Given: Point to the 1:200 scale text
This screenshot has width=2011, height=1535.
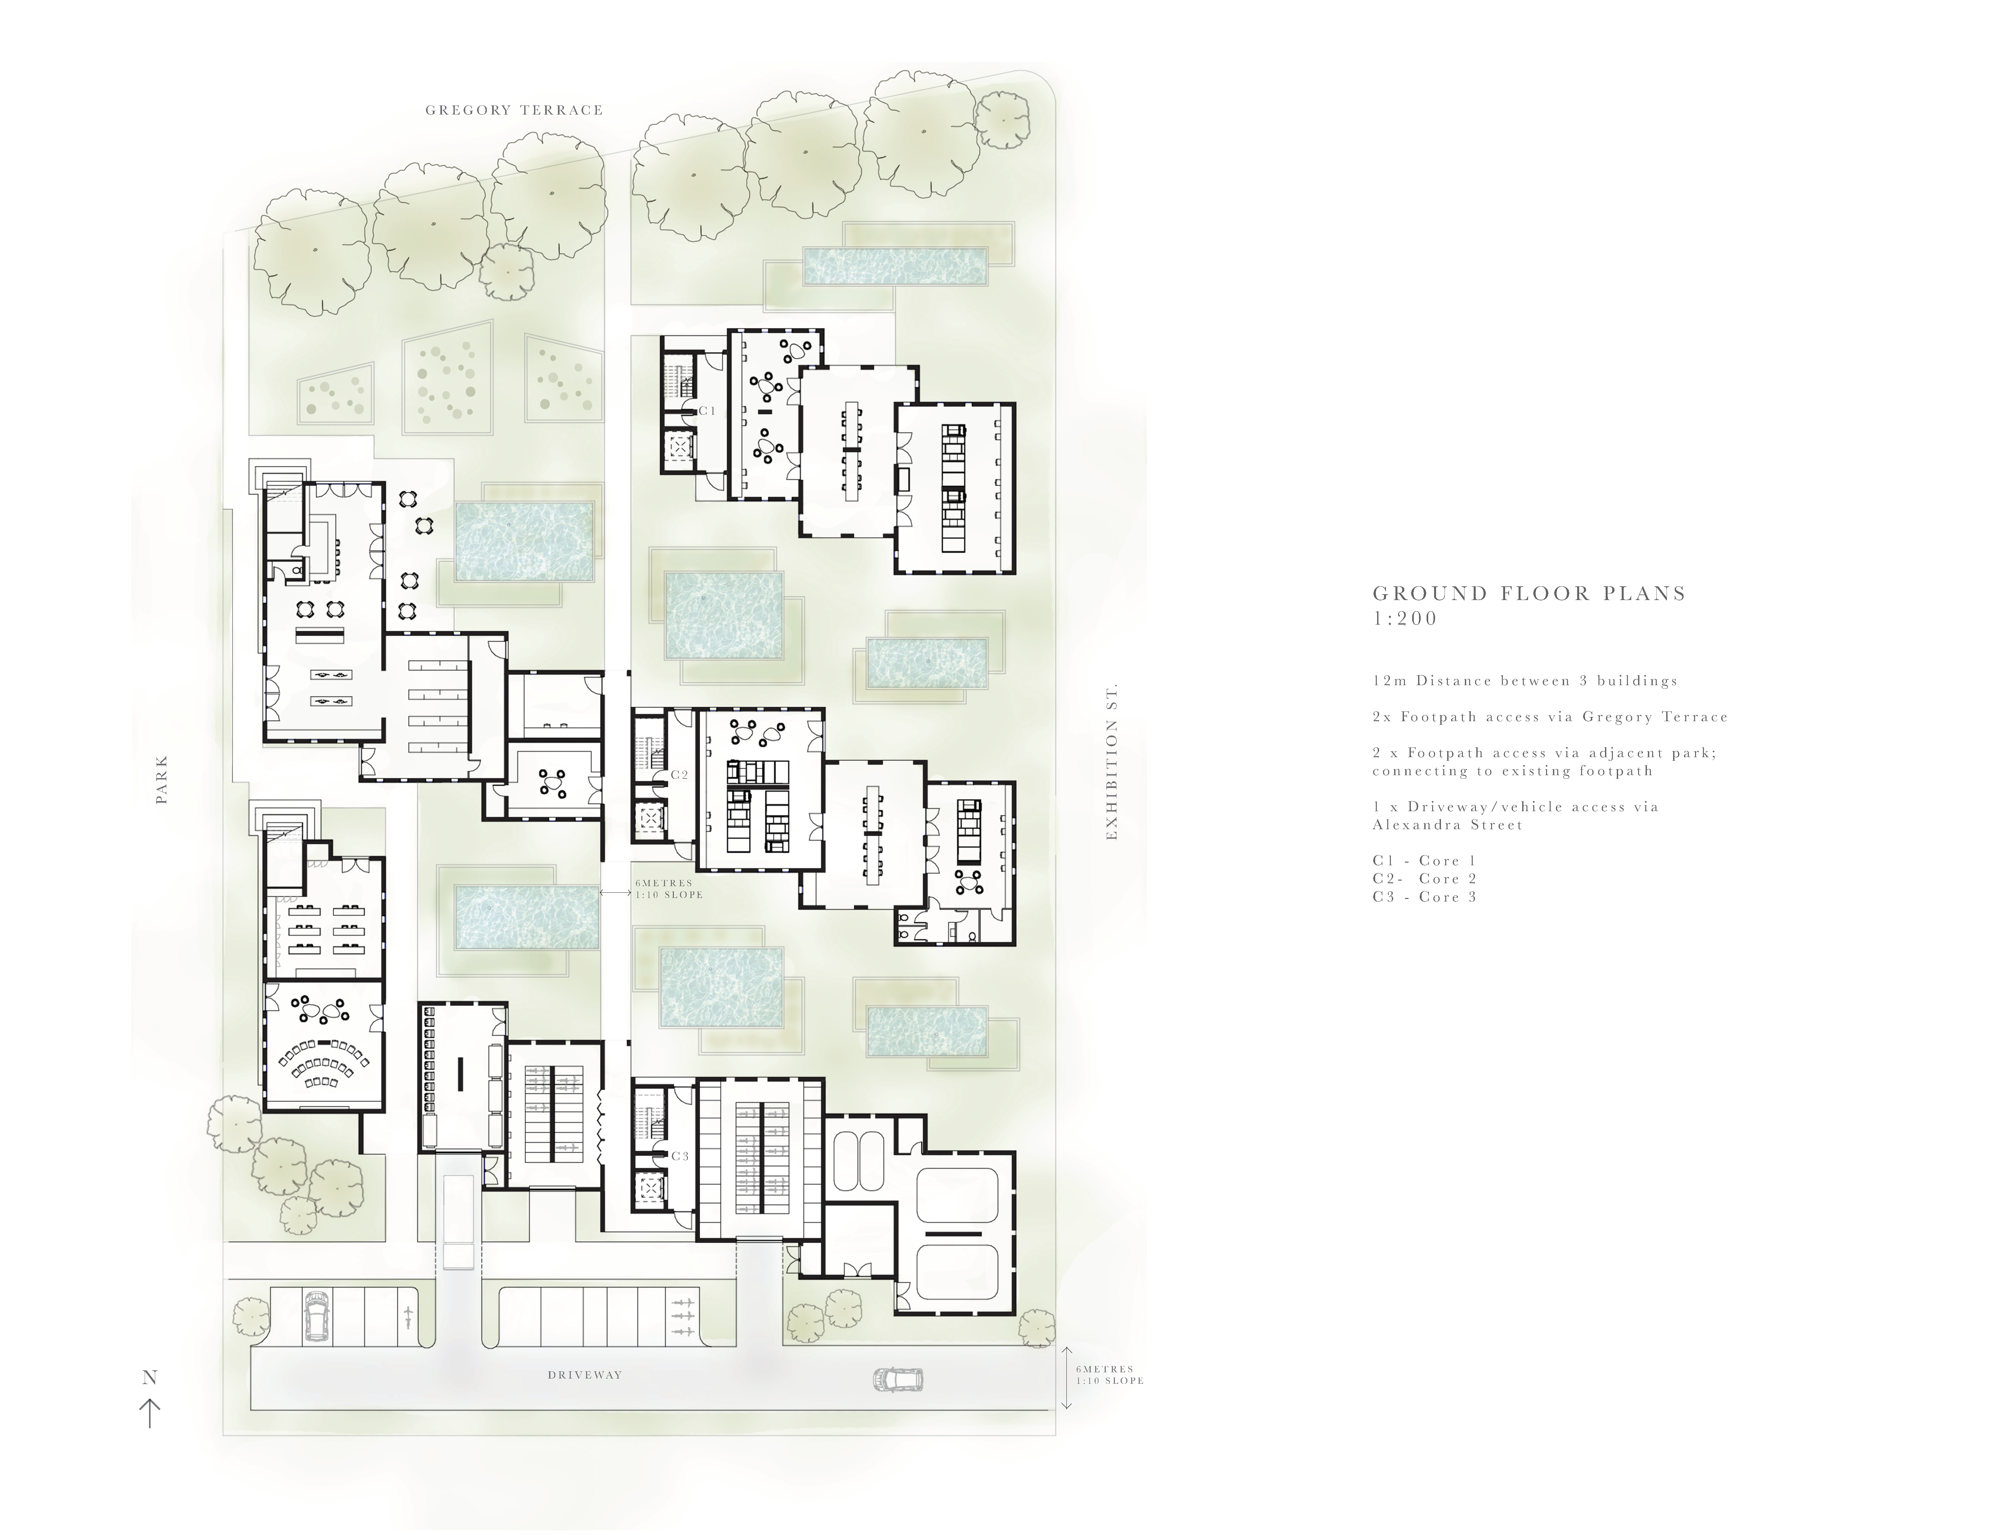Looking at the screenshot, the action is (1405, 619).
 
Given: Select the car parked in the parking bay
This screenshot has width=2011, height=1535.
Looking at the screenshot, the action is (317, 1317).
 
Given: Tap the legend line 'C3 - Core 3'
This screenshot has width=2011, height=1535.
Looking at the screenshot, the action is (1424, 897).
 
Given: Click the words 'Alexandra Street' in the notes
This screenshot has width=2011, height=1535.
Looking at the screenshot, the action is (1447, 825).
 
